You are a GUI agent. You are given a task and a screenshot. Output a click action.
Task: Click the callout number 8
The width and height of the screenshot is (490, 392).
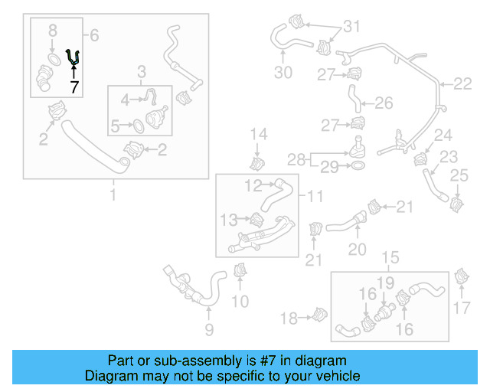52,32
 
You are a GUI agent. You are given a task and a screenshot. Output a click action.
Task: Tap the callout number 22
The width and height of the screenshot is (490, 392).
463,84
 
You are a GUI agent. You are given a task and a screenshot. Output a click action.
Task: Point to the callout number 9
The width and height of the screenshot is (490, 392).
208,330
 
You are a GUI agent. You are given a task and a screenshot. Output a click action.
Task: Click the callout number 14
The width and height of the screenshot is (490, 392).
259,135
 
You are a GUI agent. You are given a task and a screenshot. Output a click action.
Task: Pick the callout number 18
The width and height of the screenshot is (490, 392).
288,318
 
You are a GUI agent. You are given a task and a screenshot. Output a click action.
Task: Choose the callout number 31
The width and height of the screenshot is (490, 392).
350,27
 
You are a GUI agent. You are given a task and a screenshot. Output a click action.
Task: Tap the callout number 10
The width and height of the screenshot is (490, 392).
240,302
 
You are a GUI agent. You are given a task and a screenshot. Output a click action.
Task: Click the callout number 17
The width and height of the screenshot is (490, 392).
461,309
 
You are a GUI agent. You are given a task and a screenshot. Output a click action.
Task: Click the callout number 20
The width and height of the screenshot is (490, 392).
358,249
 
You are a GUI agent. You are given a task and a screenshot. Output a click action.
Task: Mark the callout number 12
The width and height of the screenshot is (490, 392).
253,184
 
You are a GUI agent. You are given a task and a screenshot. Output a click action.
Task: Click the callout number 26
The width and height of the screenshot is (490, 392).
384,103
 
